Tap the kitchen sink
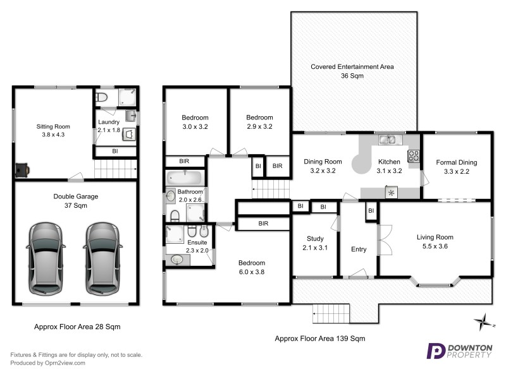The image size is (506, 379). pyautogui.click(x=386, y=140)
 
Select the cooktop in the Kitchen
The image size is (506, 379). pyautogui.click(x=414, y=156)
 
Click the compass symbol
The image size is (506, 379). pyautogui.click(x=484, y=322)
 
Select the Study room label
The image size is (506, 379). pyautogui.click(x=315, y=238)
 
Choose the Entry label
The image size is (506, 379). pyautogui.click(x=359, y=249)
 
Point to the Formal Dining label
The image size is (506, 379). pyautogui.click(x=457, y=162)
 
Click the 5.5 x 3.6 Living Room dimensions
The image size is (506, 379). pyautogui.click(x=435, y=246)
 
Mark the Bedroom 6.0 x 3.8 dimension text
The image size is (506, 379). pyautogui.click(x=251, y=272)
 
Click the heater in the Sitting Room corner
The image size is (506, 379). pyautogui.click(x=23, y=169)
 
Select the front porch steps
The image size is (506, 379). pyautogui.click(x=331, y=312)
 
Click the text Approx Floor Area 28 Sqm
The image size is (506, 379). pyautogui.click(x=77, y=327)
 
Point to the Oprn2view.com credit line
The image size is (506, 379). pyautogui.click(x=47, y=363)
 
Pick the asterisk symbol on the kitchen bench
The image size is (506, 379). pyautogui.click(x=392, y=192)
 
